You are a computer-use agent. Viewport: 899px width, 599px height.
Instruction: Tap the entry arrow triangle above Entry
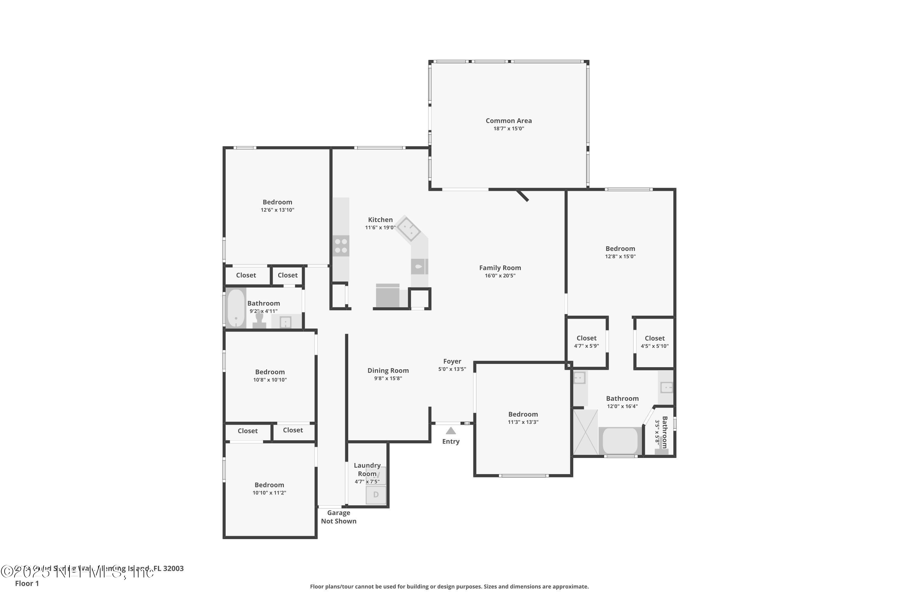(x=451, y=431)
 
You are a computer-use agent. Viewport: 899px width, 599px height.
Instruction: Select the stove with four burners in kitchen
(x=340, y=246)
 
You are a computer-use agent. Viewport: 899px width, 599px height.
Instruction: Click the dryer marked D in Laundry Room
(x=376, y=495)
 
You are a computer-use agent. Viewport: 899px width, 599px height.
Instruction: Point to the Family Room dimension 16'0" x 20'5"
(x=500, y=276)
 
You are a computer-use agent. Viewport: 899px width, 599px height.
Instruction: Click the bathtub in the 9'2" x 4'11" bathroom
(x=236, y=308)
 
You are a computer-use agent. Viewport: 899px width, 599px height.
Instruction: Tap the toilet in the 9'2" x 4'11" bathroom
(x=260, y=320)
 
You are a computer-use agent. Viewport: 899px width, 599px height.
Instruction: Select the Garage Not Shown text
(x=338, y=517)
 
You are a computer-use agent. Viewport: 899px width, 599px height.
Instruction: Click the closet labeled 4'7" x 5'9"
(x=586, y=342)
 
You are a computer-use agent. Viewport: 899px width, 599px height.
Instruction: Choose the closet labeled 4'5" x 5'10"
(x=654, y=342)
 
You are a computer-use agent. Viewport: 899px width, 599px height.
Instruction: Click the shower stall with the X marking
(x=585, y=432)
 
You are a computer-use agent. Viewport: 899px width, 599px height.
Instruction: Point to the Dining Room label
(x=388, y=370)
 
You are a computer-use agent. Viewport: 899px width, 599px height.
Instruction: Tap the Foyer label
(x=452, y=361)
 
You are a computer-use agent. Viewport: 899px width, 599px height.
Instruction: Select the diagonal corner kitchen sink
(x=408, y=229)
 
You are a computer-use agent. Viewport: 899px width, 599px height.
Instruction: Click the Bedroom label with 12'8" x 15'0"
(x=620, y=249)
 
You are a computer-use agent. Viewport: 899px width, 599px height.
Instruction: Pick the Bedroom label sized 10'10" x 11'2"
(x=269, y=485)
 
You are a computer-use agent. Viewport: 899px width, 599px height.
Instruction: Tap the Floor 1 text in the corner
(x=27, y=583)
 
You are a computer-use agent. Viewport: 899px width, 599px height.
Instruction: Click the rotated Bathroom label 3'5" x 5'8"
(x=664, y=432)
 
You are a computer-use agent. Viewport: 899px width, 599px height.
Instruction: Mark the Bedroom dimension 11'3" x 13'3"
(x=523, y=422)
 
